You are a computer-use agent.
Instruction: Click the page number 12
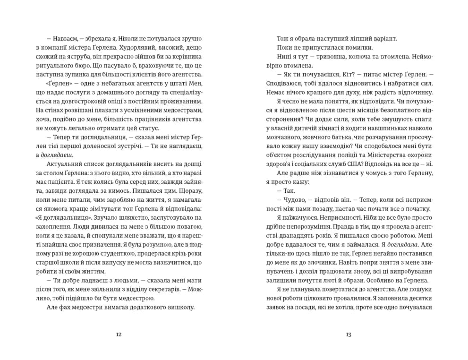click(x=119, y=334)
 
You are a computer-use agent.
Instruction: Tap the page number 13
click(x=349, y=334)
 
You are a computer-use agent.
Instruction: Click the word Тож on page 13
click(x=282, y=38)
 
